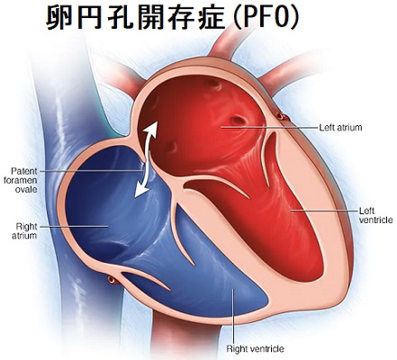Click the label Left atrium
click(x=340, y=128)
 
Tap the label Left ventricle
click(x=375, y=215)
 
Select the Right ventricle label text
click(x=255, y=349)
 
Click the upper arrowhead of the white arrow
click(x=152, y=129)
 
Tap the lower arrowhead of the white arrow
click(x=141, y=191)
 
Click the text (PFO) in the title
click(x=266, y=19)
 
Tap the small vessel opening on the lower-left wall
click(x=112, y=280)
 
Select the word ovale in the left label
click(x=26, y=189)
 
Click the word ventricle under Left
click(x=375, y=220)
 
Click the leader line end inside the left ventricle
click(x=290, y=211)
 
